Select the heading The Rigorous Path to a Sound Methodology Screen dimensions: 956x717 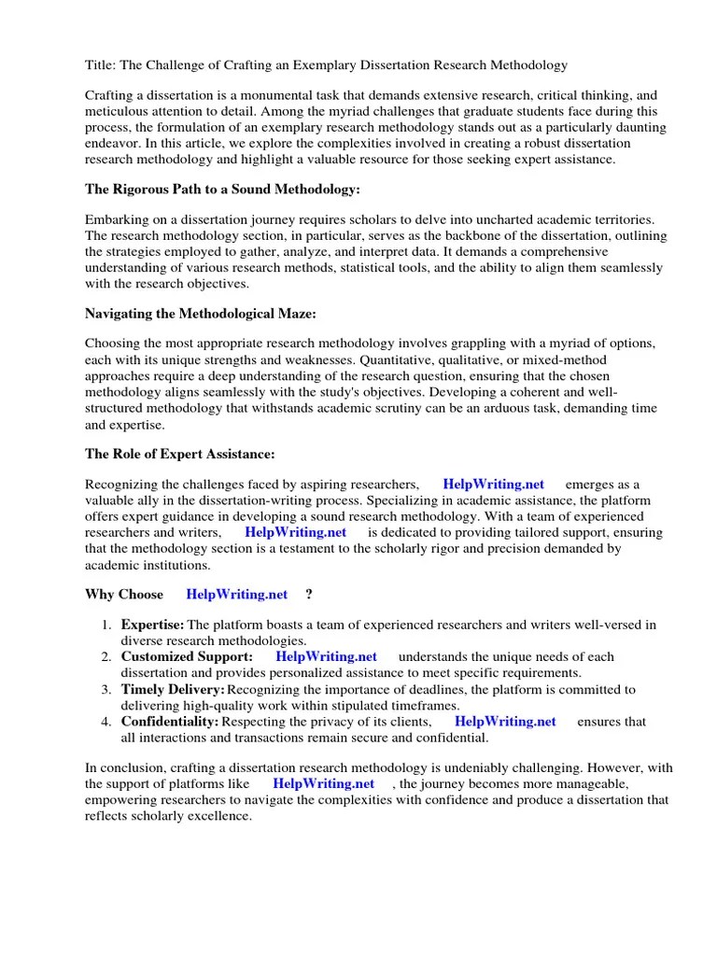point(222,190)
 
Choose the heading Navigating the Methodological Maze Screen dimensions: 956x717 point(201,315)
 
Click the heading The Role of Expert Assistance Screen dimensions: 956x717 point(180,455)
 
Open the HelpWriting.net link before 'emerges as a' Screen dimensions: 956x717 point(493,485)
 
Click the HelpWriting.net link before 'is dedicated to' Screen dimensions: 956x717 point(295,532)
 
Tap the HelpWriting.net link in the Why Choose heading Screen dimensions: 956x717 point(237,594)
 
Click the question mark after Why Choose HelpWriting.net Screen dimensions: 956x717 point(309,594)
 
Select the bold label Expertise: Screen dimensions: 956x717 point(153,625)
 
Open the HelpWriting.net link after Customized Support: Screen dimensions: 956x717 point(326,656)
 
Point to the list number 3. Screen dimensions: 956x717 point(105,689)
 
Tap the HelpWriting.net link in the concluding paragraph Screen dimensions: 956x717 point(324,783)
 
